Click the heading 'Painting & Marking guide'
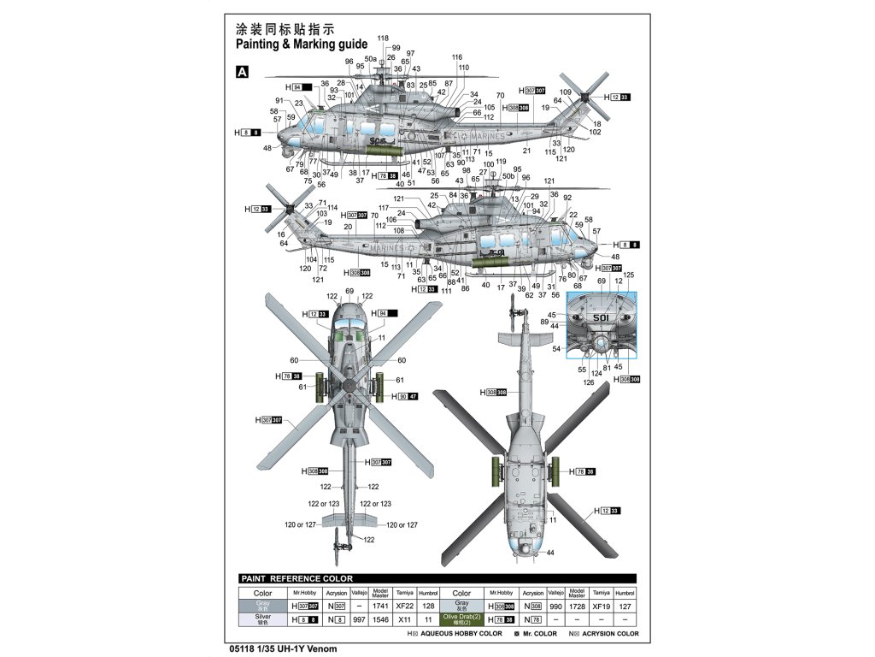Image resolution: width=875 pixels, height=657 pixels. tap(301, 44)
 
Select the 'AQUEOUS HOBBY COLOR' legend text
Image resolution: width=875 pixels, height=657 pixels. tap(459, 634)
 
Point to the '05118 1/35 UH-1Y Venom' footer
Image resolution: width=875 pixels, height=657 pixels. tap(285, 648)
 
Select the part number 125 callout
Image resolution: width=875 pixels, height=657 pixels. tap(629, 275)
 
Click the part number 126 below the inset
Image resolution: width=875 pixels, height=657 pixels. tap(588, 382)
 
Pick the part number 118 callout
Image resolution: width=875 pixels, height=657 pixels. tap(382, 38)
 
